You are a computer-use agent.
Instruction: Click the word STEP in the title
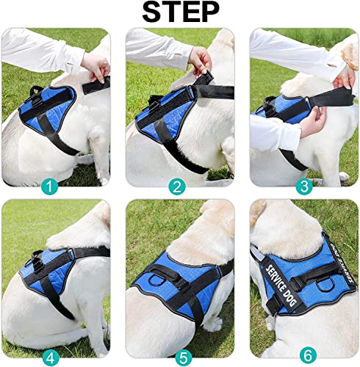180,12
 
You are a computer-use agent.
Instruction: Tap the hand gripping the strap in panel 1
96,68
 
